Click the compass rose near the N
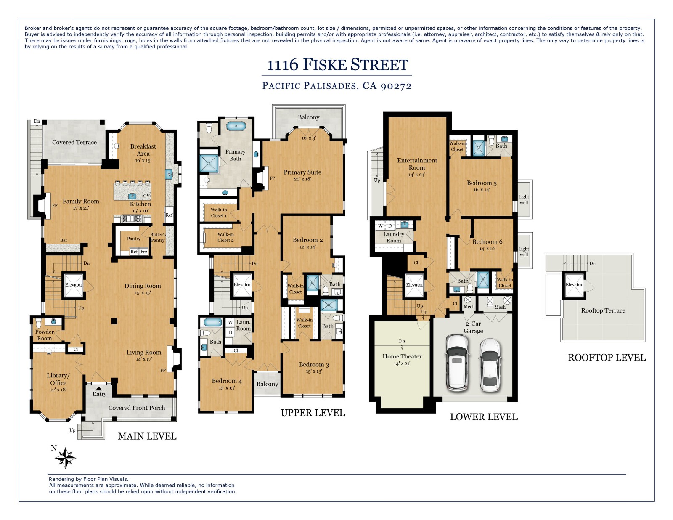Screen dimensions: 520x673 click(66, 458)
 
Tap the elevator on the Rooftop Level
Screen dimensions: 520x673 click(574, 285)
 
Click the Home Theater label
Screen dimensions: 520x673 click(402, 356)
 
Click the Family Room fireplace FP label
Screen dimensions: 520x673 click(55, 206)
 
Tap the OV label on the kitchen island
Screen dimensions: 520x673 click(146, 196)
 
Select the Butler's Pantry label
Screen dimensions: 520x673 click(158, 237)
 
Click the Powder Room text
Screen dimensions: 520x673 click(44, 335)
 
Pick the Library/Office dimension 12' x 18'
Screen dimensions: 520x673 click(58, 390)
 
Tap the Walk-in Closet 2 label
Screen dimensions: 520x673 click(225, 237)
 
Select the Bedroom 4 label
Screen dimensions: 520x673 click(226, 381)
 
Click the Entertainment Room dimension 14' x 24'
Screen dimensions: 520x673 click(416, 175)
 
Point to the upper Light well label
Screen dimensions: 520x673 click(523, 199)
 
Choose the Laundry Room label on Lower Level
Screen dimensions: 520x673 click(393, 237)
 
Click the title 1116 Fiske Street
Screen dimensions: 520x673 click(337, 65)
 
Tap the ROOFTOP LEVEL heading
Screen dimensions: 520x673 click(606, 357)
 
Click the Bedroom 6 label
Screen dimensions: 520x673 click(487, 241)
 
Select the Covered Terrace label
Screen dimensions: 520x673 click(74, 142)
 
